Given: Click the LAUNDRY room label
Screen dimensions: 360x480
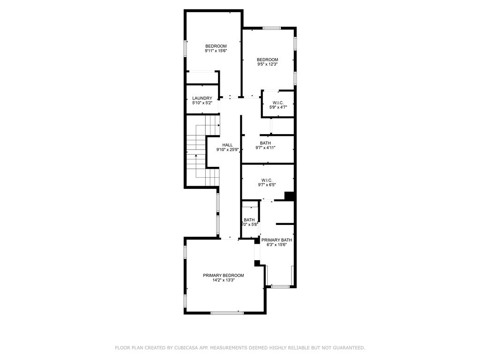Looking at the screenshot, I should point(202,98).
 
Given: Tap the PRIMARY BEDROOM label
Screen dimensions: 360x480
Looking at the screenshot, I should point(223,275).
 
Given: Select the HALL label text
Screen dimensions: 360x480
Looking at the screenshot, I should point(227,145).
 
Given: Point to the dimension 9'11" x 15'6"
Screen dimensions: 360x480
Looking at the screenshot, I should point(216,51).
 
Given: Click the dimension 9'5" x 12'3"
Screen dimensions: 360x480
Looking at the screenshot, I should point(267,64).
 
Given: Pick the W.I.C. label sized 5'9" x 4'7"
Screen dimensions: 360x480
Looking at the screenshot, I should point(278,102).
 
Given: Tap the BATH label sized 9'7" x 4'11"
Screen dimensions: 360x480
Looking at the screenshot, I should point(265,143).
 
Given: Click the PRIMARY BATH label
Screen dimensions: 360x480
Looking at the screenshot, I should point(277,240).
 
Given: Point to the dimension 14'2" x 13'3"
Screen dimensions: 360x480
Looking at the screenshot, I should point(223,280).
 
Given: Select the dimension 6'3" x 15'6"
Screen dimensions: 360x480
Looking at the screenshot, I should point(277,245).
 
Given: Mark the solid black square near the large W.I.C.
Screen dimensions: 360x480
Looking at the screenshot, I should point(289,196).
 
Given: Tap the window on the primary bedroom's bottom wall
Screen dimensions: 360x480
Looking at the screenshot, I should point(227,313).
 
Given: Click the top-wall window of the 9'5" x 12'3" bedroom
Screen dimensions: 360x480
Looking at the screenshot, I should point(271,28).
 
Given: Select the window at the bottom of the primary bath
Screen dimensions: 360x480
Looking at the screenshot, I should point(280,286).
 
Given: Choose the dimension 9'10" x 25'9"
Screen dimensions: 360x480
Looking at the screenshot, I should point(227,150).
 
